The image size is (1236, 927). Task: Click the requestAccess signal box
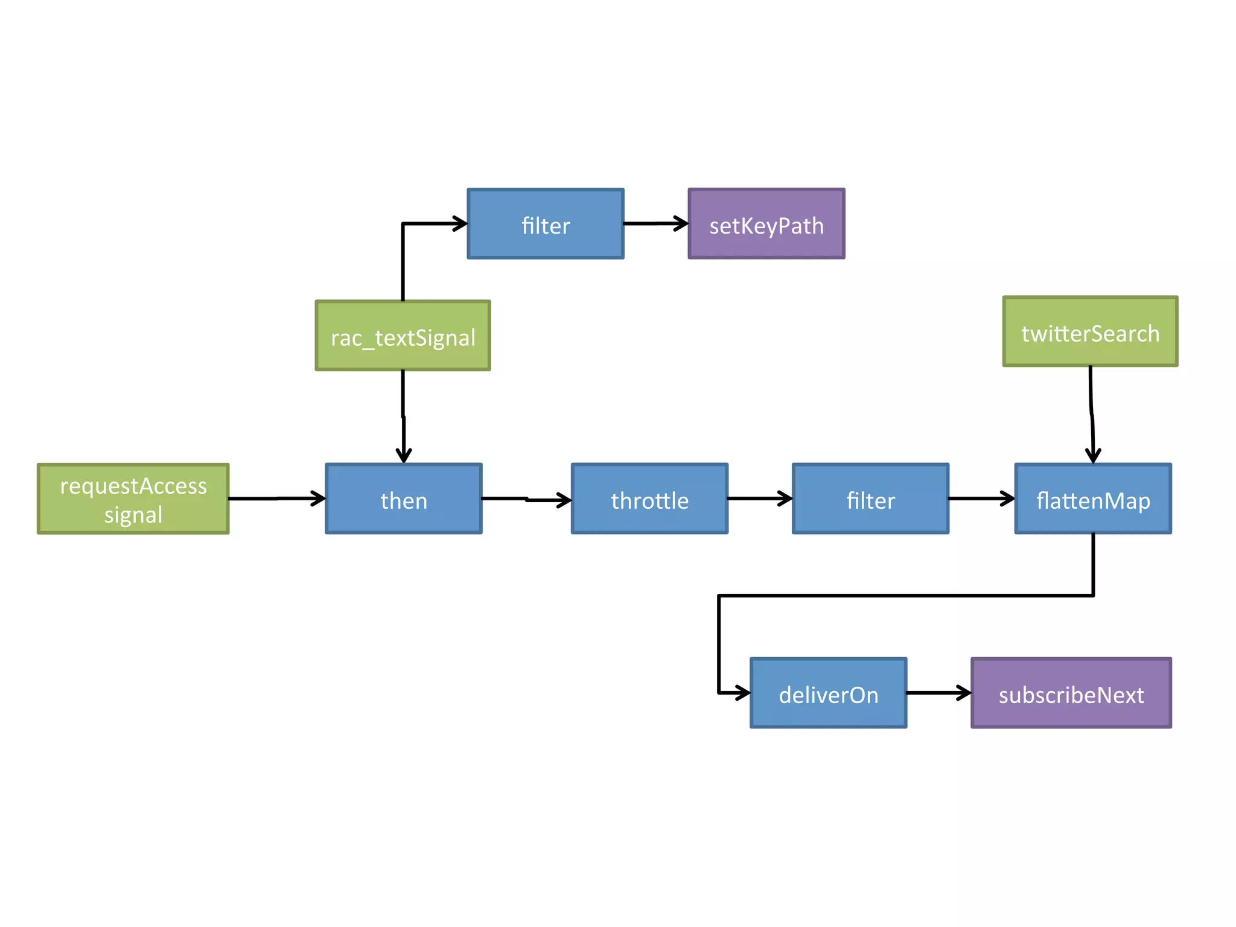click(133, 499)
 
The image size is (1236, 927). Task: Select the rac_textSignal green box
click(403, 336)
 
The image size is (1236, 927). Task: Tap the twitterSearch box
click(1090, 331)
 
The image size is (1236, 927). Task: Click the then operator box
click(404, 499)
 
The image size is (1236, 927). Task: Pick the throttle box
click(649, 499)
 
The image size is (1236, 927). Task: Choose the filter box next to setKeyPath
click(546, 224)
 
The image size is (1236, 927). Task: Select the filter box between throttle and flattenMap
click(870, 499)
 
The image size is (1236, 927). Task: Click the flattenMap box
click(1093, 499)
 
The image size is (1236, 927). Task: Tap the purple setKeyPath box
click(766, 224)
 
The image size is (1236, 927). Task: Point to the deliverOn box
click(828, 693)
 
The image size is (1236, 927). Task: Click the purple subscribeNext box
click(1071, 693)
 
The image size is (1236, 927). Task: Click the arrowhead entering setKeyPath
click(682, 223)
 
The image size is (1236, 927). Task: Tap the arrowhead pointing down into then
click(404, 456)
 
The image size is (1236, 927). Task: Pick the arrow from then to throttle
click(526, 499)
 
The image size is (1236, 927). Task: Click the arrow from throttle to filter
click(759, 499)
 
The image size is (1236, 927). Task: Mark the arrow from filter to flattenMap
click(981, 499)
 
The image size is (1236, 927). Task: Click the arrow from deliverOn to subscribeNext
click(938, 693)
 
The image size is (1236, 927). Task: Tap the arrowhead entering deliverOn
click(744, 693)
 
